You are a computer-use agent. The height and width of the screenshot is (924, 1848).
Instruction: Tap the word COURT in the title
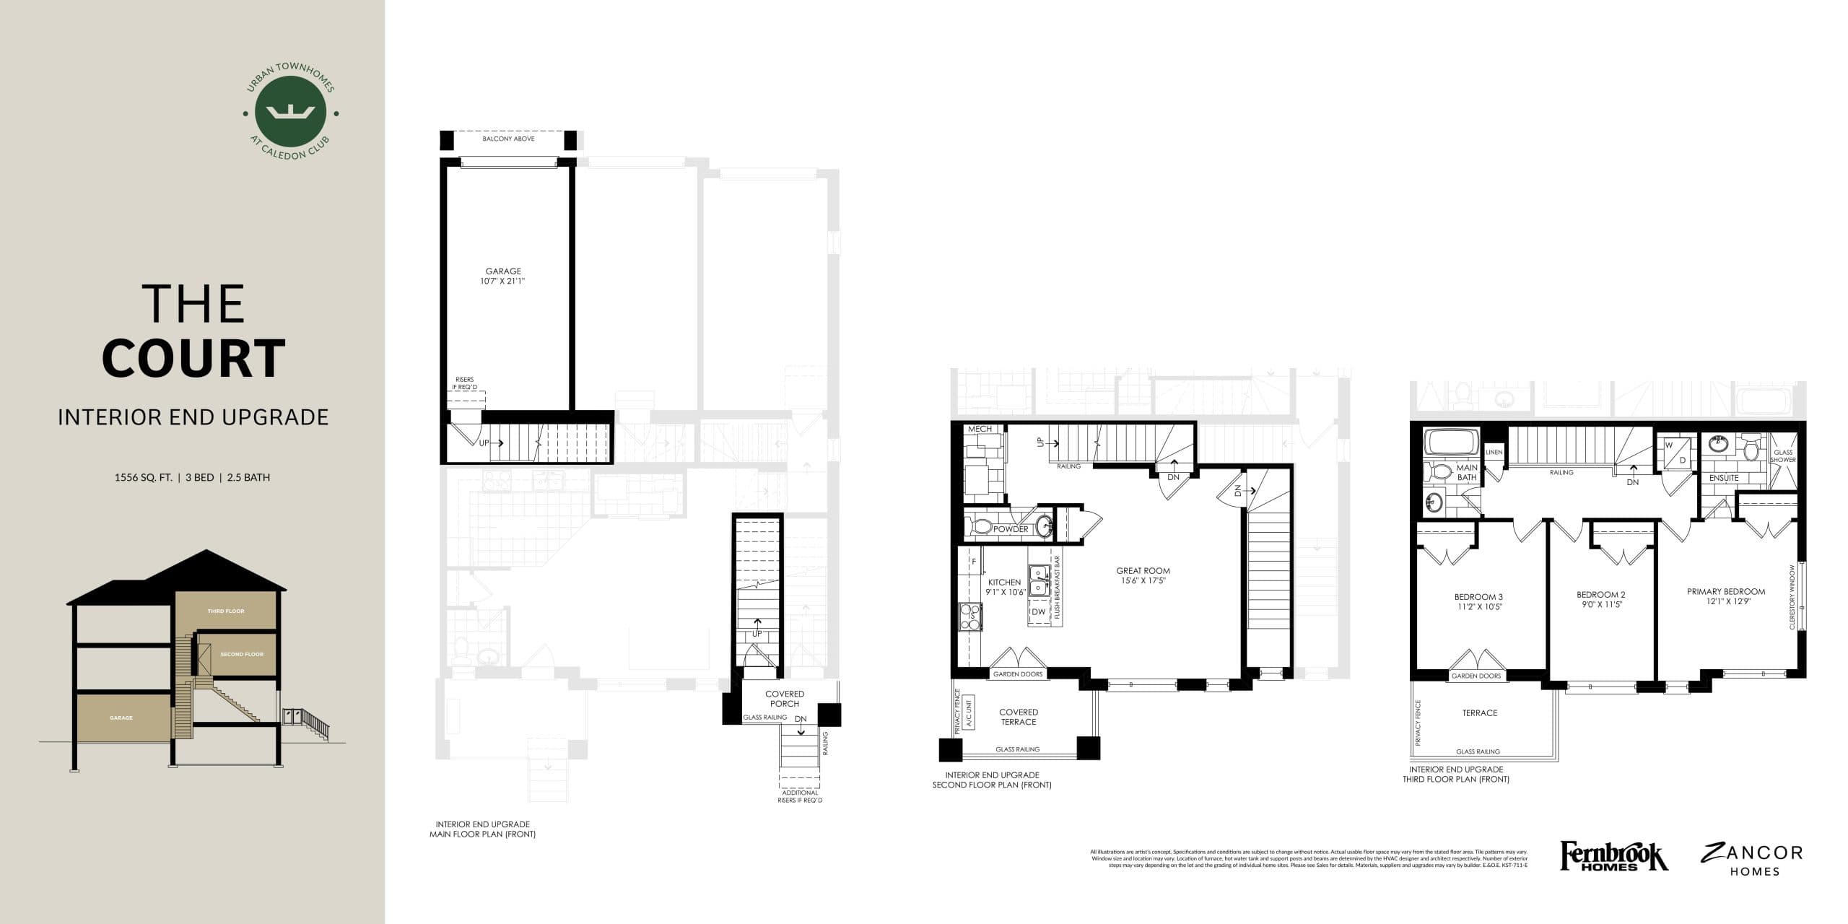[x=193, y=358]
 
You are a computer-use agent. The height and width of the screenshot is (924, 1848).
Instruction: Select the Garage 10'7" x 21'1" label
[x=502, y=276]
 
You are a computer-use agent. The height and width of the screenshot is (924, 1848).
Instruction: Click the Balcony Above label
[x=508, y=139]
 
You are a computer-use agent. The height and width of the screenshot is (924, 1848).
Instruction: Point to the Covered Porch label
[x=784, y=699]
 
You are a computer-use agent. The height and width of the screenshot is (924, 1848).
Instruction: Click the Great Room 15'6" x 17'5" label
[x=1143, y=575]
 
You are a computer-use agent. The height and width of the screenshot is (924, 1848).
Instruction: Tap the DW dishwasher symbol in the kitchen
[x=1038, y=611]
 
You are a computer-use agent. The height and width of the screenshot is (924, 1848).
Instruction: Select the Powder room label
[x=1011, y=529]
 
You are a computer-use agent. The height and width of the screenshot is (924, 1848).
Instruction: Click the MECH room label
[x=980, y=429]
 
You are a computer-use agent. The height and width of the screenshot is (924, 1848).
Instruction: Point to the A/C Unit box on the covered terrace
[x=968, y=712]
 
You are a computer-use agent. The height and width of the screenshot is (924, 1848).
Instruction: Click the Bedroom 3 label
[x=1478, y=601]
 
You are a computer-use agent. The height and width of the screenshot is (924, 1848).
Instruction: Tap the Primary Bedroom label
[x=1726, y=596]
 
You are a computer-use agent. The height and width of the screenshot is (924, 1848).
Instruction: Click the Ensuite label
[x=1724, y=478]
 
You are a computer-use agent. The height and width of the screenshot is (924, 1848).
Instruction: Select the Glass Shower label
[x=1782, y=456]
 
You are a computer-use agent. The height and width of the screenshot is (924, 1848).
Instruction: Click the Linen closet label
[x=1494, y=453]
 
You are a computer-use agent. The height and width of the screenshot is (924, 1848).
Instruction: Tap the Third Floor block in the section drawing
[x=226, y=611]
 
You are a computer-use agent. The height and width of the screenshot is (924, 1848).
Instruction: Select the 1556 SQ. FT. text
[x=143, y=477]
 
